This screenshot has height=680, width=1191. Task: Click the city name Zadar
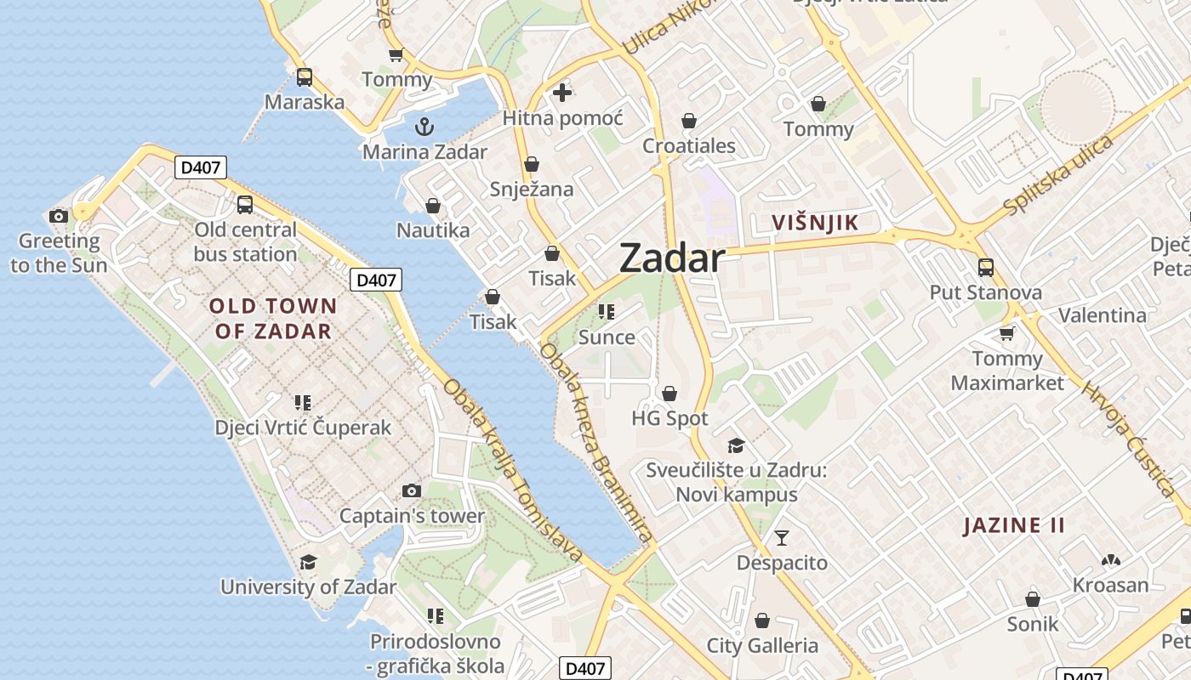pos(672,258)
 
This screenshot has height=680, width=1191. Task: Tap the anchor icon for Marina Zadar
pos(424,127)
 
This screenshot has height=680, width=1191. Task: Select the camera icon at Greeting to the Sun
pos(59,216)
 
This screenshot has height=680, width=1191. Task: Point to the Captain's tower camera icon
pos(412,490)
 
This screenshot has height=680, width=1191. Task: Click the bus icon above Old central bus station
pos(245,204)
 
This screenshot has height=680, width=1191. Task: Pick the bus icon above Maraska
pos(304,77)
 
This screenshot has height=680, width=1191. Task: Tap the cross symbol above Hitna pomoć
pos(562,93)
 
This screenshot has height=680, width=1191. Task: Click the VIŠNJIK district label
pos(814,223)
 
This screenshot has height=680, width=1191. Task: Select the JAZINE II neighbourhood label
pos(1013,525)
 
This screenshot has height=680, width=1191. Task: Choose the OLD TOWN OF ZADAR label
pos(273,319)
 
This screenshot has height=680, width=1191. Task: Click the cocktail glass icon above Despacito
pos(781,537)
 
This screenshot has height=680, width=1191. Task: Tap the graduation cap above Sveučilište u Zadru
pos(736,445)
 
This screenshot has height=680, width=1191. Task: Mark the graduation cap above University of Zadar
pos(308,562)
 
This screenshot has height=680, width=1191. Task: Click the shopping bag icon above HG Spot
pos(670,393)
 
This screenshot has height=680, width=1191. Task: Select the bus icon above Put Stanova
pos(985,268)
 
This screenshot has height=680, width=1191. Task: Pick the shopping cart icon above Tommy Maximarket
pos(1006,333)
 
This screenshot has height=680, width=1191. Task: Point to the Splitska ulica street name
pos(1057,176)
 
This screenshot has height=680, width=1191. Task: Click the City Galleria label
pos(762,646)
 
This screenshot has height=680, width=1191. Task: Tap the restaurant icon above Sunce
pos(606,312)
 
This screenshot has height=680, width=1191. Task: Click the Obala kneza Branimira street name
pos(596,442)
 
